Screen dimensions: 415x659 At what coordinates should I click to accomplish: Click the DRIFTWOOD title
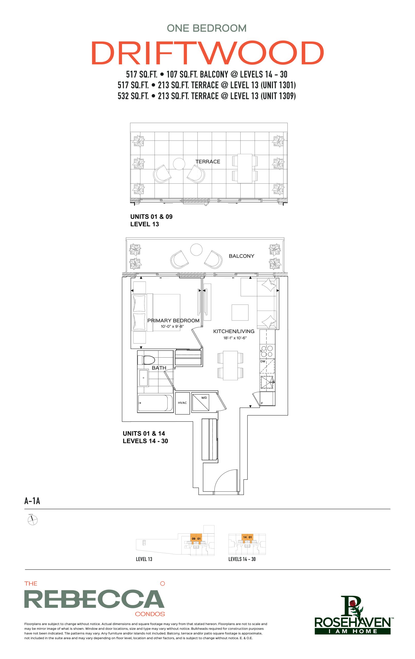pos(207,53)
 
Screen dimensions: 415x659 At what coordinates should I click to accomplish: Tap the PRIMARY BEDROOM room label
pos(173,320)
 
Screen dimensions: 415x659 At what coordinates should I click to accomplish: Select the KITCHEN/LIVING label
pos(234,331)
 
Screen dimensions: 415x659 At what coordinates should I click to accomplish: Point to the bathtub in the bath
pos(155,403)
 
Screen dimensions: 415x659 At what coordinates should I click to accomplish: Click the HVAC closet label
pos(182,403)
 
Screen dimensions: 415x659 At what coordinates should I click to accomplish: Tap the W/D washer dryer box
pos(200,402)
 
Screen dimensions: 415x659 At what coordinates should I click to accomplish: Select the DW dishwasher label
pos(263,361)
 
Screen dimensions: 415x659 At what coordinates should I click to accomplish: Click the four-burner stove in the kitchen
pos(267,351)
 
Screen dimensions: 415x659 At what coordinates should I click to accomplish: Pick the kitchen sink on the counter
pos(267,382)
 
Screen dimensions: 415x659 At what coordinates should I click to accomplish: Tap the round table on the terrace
pos(179,164)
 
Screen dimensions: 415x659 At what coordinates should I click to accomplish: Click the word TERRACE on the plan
pos(208,161)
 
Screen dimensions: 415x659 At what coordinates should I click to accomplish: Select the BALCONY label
pos(241,256)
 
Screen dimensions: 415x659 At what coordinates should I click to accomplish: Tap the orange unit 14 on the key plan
pos(245,537)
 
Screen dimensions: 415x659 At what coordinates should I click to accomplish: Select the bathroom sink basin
pos(143,378)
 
